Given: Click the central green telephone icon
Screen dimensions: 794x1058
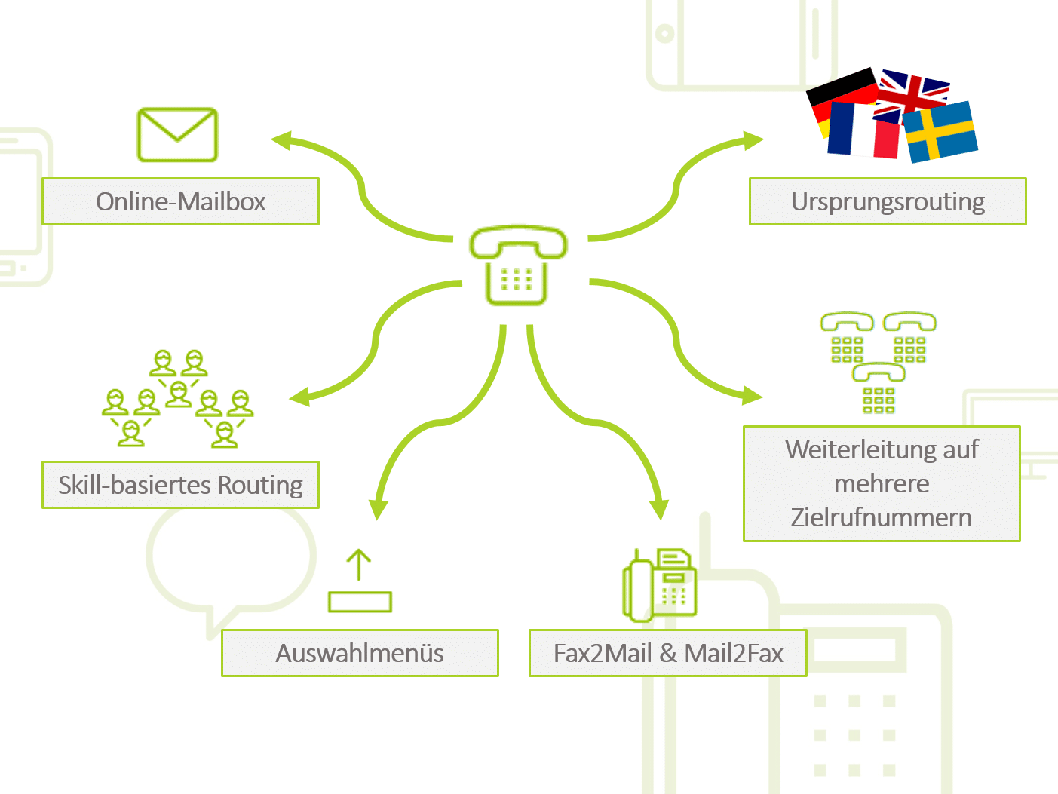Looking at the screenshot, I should click(x=517, y=264).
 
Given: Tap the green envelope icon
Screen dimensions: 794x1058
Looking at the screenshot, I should click(x=177, y=135).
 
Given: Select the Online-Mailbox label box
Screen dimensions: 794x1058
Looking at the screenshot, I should click(x=180, y=201).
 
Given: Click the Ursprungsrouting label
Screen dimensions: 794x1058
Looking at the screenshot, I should click(x=888, y=201).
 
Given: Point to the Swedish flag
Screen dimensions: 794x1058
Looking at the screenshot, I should click(x=940, y=132).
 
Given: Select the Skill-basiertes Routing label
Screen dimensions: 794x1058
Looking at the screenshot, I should click(x=180, y=485).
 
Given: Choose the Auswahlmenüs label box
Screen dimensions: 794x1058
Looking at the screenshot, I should click(x=360, y=653).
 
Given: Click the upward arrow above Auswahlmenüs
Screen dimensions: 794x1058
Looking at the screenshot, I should click(x=359, y=564).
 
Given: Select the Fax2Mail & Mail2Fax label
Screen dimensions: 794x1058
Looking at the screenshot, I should click(x=668, y=653).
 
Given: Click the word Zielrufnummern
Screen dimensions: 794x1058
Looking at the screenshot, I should click(x=881, y=518).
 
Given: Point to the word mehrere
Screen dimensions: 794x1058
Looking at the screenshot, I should click(x=881, y=483).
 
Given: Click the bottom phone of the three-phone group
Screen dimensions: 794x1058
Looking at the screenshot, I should click(x=879, y=388).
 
